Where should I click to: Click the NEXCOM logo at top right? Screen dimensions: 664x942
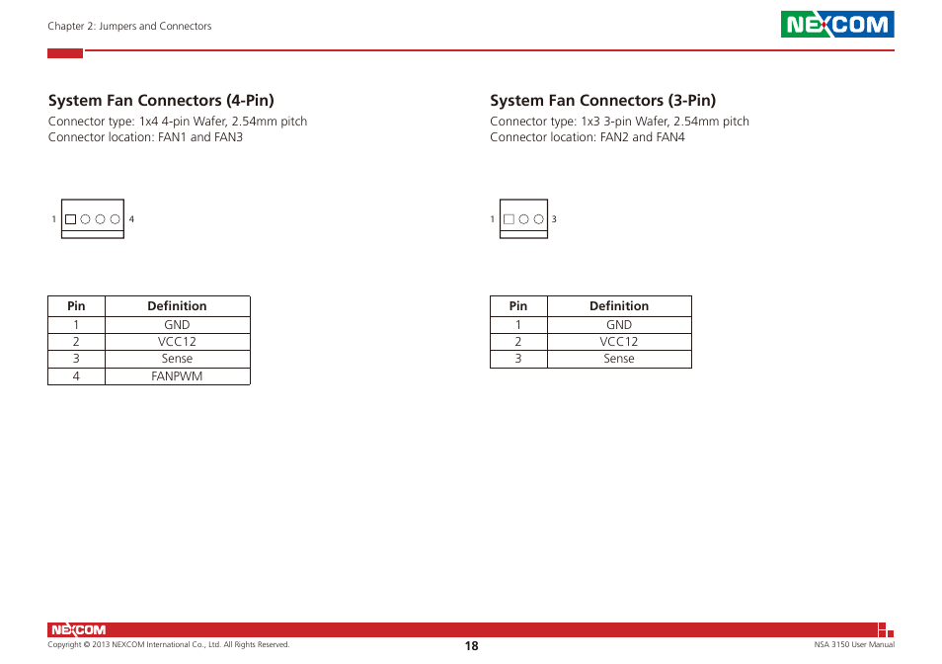point(837,25)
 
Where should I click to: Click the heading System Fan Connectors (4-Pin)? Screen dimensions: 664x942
point(161,100)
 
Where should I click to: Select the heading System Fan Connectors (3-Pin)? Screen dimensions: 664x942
point(602,100)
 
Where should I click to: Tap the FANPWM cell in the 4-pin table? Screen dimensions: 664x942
point(177,376)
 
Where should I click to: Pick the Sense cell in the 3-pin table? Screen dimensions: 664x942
point(619,359)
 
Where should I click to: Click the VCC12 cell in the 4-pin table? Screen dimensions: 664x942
point(177,342)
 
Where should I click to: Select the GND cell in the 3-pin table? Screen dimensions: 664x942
point(619,324)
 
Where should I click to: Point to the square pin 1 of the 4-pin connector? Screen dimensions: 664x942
point(70,219)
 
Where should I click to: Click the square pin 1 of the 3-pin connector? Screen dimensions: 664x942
point(509,219)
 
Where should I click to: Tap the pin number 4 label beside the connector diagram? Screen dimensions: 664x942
point(131,219)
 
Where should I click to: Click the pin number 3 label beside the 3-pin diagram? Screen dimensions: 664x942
point(554,219)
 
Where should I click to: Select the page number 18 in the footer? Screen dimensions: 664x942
point(471,645)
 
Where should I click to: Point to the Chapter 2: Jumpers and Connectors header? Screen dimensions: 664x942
point(129,27)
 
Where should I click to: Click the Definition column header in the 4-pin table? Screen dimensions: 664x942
point(177,306)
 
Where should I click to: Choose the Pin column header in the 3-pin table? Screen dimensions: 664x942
point(518,306)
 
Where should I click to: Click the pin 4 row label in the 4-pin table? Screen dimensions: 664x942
point(76,376)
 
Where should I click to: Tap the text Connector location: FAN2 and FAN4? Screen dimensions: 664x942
point(587,137)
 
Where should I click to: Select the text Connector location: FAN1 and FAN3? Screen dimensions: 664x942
point(145,137)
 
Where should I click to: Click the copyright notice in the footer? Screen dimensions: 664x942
point(169,645)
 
